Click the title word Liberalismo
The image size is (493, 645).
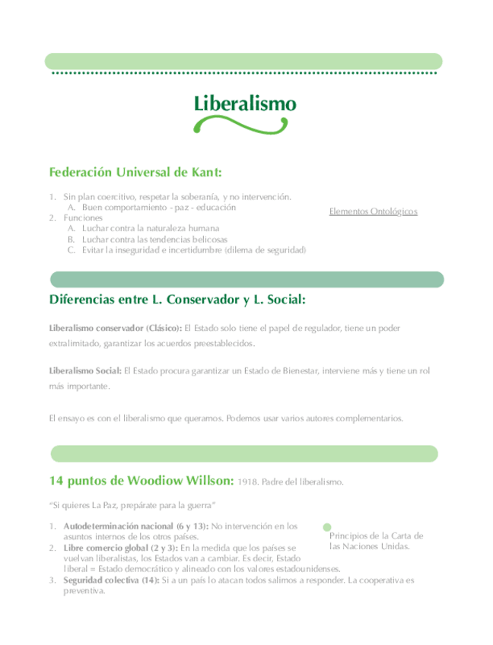245,103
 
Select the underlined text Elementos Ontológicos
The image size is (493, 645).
373,211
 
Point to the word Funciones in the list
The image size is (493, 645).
82,218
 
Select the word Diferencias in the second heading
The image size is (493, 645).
81,300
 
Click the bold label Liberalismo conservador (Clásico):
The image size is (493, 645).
115,328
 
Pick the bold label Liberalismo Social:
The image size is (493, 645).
84,370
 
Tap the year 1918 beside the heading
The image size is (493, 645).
248,482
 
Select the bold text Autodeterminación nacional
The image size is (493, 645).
119,526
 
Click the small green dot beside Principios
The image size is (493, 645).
327,526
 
